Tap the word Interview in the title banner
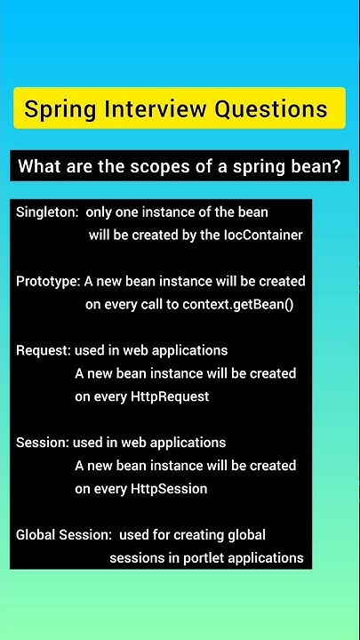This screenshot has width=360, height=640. pos(154,109)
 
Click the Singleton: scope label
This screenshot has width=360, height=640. pos(46,212)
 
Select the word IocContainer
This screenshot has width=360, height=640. pos(264,236)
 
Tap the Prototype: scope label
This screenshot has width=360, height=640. pos(48,282)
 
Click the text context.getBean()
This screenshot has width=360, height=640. pos(238,304)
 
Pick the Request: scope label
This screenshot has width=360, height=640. pos(44,350)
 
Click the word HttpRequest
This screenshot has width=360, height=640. pos(170,396)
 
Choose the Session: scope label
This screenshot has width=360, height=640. pos(42,443)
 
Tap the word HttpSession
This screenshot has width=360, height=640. pos(169,489)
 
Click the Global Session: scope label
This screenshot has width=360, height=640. pos(64,535)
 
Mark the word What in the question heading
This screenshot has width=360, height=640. pos(39,166)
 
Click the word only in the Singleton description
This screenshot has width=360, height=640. pos(100,212)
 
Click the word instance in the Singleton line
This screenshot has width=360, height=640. pos(165,212)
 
